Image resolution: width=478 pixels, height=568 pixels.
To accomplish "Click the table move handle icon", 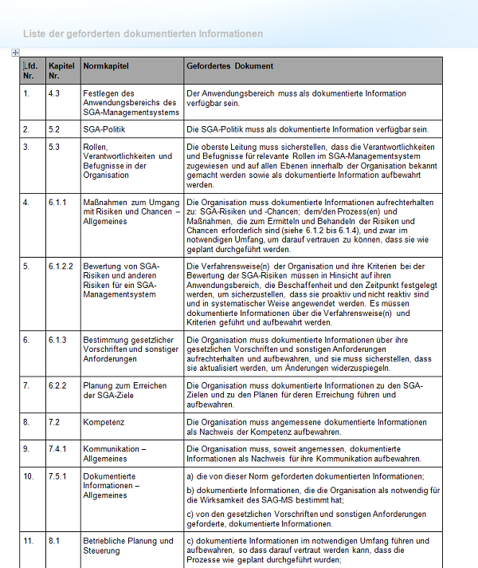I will click(15, 53).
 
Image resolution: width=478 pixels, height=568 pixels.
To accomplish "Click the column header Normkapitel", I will click(105, 66).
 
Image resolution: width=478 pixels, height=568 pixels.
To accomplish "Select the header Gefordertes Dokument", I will click(229, 66).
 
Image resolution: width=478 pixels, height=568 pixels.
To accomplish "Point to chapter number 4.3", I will click(54, 93).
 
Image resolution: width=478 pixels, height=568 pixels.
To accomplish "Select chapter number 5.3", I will click(54, 147).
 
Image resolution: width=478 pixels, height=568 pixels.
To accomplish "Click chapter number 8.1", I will click(54, 541).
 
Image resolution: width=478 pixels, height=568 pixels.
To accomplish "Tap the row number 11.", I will click(29, 541).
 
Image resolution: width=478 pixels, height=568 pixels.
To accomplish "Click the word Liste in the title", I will click(33, 34).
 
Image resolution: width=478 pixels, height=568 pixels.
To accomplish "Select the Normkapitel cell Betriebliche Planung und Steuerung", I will click(127, 546).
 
